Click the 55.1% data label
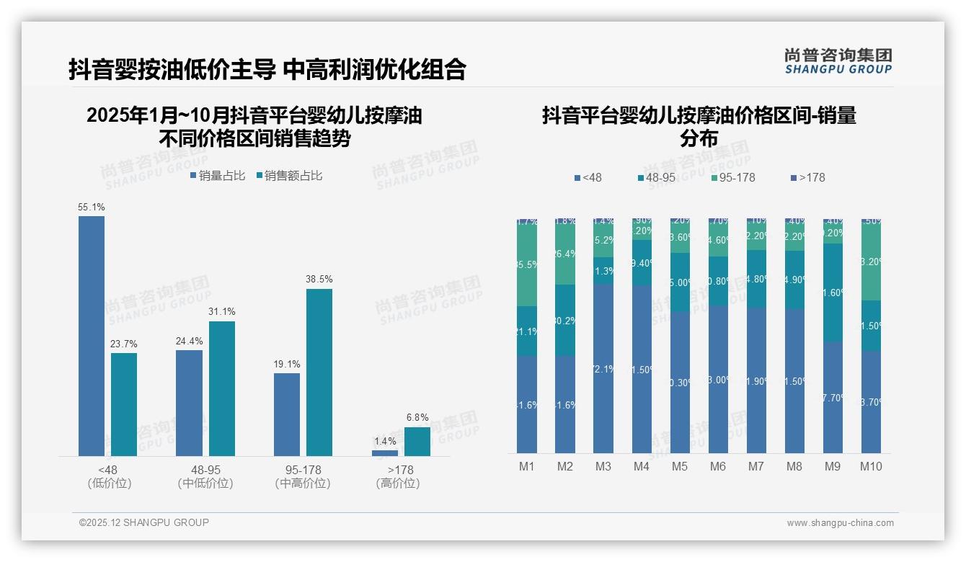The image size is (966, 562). [92, 208]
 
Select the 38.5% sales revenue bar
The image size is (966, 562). [319, 372]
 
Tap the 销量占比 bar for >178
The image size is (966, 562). [384, 452]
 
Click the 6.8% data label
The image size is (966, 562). [417, 418]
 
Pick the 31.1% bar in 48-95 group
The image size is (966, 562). [222, 388]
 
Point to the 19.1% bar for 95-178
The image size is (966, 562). [287, 414]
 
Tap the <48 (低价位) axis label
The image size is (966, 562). [110, 476]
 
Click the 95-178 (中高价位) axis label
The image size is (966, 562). [303, 476]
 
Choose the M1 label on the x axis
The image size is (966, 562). [527, 467]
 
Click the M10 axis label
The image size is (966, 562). [870, 467]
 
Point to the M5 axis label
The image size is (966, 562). [680, 467]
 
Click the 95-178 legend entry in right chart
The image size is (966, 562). [732, 178]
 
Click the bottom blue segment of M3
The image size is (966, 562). [603, 367]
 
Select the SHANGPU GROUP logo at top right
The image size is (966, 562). [838, 61]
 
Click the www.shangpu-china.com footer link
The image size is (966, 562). [840, 523]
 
